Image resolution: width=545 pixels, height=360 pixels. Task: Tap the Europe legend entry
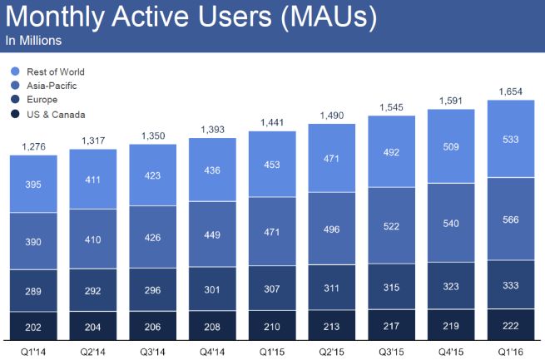[x=43, y=101]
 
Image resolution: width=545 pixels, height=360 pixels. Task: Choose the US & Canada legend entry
[x=55, y=115]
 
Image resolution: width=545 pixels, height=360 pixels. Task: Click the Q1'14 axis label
[x=33, y=350]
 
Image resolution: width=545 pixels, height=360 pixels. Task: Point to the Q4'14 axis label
[x=212, y=350]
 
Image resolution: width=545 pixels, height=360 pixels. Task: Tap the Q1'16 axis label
[x=511, y=350]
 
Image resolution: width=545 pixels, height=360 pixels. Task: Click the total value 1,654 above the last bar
[x=511, y=92]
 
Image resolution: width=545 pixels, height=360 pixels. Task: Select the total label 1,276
[x=32, y=148]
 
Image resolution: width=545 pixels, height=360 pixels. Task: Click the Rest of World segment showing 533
[x=511, y=138]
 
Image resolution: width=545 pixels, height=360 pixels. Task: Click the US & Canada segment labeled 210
[x=272, y=326]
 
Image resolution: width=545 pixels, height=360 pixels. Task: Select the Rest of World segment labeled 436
[x=212, y=170]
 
